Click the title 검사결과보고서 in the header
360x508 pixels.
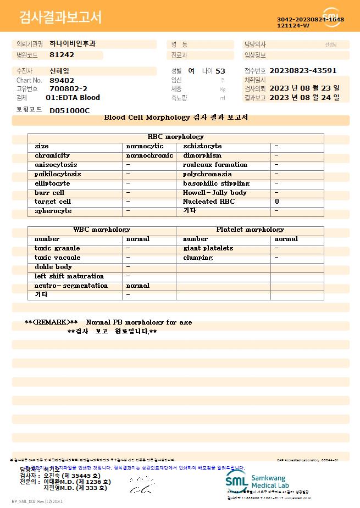click(x=60, y=18)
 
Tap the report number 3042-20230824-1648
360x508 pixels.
click(x=310, y=19)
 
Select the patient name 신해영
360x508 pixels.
click(x=59, y=71)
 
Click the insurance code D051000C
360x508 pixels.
click(x=69, y=110)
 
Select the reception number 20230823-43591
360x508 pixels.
click(x=303, y=71)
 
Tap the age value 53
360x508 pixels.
click(x=220, y=71)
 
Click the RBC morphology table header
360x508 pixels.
click(x=175, y=137)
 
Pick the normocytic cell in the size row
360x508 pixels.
click(x=145, y=146)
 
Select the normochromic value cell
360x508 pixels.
click(x=149, y=155)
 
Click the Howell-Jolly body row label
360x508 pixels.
click(x=214, y=193)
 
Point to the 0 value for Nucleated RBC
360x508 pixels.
click(x=277, y=202)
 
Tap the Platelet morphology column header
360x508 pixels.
click(x=250, y=230)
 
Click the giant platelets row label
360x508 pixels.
click(x=208, y=248)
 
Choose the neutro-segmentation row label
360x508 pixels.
click(x=71, y=286)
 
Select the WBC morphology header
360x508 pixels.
click(x=102, y=230)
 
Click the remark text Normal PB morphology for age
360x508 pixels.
click(x=139, y=322)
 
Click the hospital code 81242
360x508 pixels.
click(x=62, y=55)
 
